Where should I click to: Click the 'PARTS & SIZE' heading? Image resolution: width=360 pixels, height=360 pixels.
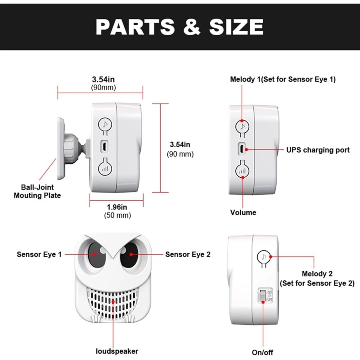tap(180, 27)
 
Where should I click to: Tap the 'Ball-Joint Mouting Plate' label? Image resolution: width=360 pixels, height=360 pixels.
tap(37, 191)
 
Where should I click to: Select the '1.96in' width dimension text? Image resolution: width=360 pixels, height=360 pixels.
tap(117, 207)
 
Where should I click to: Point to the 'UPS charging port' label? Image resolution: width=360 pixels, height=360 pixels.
tap(318, 150)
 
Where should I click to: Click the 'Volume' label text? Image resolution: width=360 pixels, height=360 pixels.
tap(243, 212)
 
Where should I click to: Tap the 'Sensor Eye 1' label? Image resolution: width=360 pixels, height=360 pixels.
tap(39, 254)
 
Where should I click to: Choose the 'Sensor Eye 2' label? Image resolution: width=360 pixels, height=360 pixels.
tap(188, 254)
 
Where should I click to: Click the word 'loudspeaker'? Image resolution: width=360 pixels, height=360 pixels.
tap(117, 351)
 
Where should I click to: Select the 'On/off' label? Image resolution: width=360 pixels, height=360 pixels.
tap(262, 352)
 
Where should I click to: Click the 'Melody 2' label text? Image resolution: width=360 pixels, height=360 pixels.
tap(316, 274)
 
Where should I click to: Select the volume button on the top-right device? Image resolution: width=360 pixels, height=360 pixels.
tap(243, 170)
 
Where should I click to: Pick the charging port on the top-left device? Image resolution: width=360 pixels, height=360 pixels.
tap(104, 147)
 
